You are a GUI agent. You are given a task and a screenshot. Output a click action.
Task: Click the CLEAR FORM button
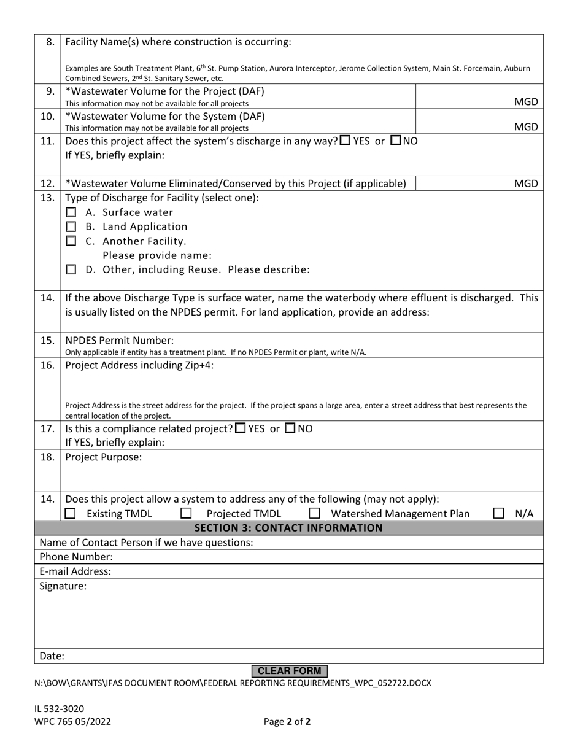(289, 671)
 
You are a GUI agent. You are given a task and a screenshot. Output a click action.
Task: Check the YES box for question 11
(345, 140)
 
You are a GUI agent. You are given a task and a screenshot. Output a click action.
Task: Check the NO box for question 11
(396, 140)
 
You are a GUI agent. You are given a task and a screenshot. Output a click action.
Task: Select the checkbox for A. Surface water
(71, 213)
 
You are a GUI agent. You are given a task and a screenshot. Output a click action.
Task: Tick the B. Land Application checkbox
(71, 227)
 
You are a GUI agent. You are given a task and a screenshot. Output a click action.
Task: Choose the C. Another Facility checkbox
(71, 241)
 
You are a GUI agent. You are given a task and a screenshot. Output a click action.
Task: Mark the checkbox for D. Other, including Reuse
(71, 269)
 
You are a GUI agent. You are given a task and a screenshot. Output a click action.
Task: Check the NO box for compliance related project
(291, 428)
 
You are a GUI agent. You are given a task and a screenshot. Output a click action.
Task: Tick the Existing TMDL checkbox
(71, 513)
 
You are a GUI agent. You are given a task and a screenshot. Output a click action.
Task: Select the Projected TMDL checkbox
(186, 513)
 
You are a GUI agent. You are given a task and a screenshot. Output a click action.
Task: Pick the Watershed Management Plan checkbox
(314, 513)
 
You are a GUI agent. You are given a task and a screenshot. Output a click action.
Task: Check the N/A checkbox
(499, 513)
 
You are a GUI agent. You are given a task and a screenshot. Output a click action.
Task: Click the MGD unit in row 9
(526, 102)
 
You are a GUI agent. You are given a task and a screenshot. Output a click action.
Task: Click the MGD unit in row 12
(526, 184)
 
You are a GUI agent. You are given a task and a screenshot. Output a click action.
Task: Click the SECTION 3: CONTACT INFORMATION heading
(288, 528)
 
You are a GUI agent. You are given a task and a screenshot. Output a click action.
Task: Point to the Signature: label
(63, 586)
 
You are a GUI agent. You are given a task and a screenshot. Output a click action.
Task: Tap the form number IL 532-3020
(60, 708)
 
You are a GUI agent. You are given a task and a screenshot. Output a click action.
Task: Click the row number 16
(47, 365)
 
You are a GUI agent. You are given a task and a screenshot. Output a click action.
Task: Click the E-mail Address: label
(75, 571)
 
